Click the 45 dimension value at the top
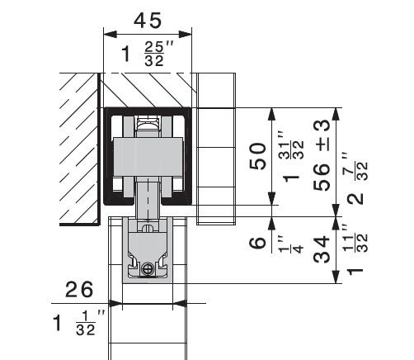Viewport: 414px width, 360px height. coord(148,21)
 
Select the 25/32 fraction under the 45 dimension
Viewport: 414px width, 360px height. coord(154,54)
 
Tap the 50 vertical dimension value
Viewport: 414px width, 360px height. coord(258,156)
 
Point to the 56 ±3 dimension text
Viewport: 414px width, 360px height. coord(322,155)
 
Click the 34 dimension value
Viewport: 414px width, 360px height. coord(322,249)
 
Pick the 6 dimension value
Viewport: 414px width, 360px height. coord(257,243)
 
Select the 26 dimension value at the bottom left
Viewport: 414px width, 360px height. coord(79,290)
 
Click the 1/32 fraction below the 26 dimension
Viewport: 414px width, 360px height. coord(86,324)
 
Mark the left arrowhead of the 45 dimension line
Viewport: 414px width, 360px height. coord(110,35)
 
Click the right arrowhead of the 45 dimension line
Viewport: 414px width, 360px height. coord(185,35)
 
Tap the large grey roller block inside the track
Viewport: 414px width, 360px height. coord(148,157)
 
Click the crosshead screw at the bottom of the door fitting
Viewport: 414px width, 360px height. coord(148,268)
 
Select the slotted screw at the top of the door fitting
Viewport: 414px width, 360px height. coord(148,227)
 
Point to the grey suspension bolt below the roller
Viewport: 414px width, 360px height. coord(148,199)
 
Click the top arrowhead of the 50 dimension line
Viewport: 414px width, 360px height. coord(271,114)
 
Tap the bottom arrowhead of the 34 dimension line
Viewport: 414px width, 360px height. coord(336,277)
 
